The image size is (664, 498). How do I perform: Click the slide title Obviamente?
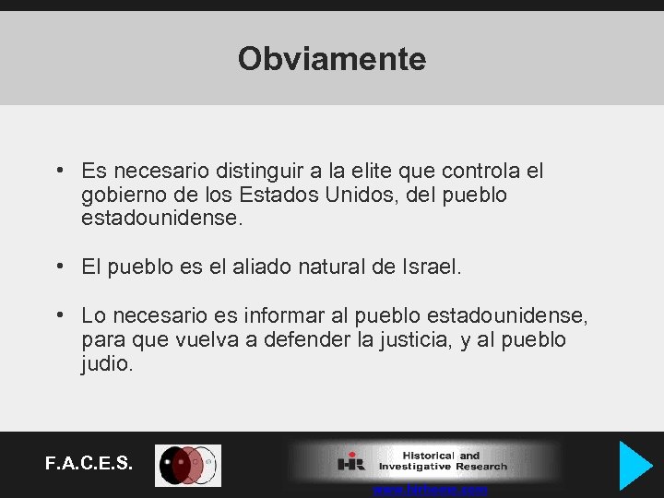point(332,59)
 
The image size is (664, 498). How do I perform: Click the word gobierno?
point(122,196)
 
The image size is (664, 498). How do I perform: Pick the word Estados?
point(274,196)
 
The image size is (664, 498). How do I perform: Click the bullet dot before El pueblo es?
point(59,267)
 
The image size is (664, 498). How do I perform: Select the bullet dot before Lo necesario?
point(59,315)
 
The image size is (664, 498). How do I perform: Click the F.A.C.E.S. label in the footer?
point(89,463)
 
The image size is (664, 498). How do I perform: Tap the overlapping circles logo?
point(188,465)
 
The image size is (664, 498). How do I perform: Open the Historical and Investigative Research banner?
point(424,461)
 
